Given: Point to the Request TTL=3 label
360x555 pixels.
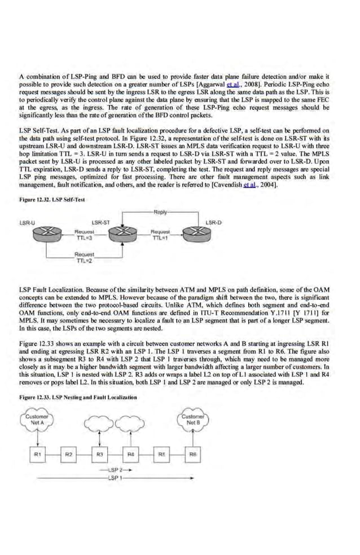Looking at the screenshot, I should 84,234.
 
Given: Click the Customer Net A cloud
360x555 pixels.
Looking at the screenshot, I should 38,420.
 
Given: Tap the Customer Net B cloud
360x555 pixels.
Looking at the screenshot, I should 193,420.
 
